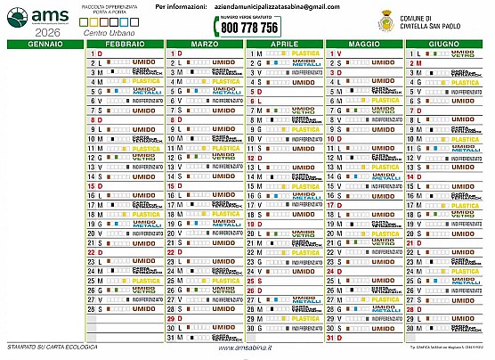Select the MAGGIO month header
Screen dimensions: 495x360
[x=363, y=43]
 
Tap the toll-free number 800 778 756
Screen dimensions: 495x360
[x=243, y=28]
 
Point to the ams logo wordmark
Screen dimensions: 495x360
[x=44, y=15]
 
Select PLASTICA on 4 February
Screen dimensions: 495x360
[x=146, y=82]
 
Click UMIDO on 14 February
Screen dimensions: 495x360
[x=146, y=176]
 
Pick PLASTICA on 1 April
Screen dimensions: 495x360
[x=305, y=53]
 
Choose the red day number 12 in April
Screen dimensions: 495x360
[x=252, y=158]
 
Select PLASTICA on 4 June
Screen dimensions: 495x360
[x=466, y=82]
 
